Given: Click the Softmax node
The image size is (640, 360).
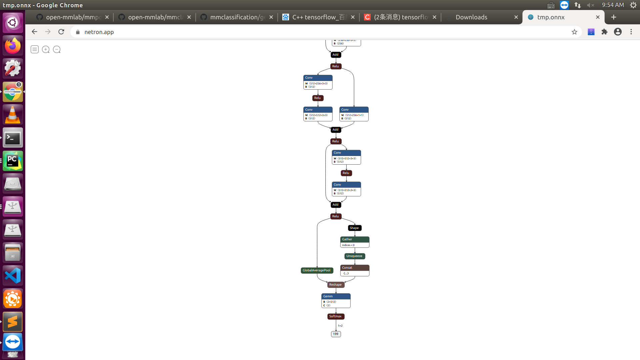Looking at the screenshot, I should [x=336, y=316].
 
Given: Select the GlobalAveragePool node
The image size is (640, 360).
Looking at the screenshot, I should [x=317, y=270].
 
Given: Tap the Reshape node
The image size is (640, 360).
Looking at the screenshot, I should [x=335, y=285].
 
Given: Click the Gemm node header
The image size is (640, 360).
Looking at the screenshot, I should [x=336, y=296].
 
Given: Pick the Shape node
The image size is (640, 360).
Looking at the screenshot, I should [x=354, y=228].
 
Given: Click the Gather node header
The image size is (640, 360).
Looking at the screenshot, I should [x=355, y=239].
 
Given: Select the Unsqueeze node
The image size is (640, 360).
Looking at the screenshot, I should [x=354, y=256].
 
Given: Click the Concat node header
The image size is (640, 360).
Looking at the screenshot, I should [x=355, y=268].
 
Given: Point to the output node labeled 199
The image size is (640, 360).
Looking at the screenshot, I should [x=336, y=334].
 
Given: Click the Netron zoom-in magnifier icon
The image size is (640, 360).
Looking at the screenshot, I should [x=46, y=50].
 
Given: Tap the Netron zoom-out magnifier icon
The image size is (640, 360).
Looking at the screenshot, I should [x=57, y=50].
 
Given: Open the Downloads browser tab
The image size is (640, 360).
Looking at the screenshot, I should [x=471, y=17].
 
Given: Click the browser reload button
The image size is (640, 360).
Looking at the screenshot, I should [x=61, y=32].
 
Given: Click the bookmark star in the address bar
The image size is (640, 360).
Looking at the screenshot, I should [x=574, y=32].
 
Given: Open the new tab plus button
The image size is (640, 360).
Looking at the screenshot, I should [x=614, y=17].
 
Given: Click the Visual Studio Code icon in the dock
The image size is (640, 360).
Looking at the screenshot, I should [x=13, y=276].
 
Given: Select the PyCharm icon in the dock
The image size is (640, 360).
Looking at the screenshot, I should [x=13, y=161].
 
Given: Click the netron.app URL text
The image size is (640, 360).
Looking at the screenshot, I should [x=99, y=32].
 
